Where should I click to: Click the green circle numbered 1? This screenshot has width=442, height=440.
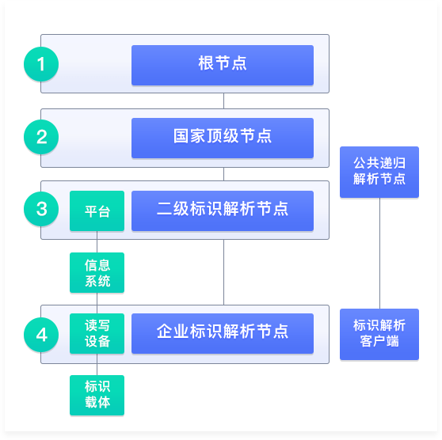tap(41, 64)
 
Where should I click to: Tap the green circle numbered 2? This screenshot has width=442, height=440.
tap(41, 137)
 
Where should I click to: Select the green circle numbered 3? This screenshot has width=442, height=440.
tap(41, 209)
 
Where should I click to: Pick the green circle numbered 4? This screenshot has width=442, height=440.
tap(41, 335)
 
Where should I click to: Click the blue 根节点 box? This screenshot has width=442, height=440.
tap(223, 65)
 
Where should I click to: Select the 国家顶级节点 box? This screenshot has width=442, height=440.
tap(223, 138)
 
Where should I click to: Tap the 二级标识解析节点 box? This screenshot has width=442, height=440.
tap(223, 211)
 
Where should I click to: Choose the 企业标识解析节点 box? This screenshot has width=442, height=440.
tap(223, 333)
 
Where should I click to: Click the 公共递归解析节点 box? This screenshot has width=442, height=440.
tap(379, 172)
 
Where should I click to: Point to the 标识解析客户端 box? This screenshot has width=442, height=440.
tap(379, 334)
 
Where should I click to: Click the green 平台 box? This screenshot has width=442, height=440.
tap(97, 211)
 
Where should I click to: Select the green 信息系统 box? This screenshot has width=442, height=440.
tap(97, 272)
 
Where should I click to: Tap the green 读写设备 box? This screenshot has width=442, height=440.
tap(97, 333)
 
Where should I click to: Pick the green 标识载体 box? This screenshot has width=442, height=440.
tap(97, 395)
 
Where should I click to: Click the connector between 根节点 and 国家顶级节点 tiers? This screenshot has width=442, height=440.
tap(224, 101)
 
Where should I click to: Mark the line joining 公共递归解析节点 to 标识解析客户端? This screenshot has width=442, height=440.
tap(379, 253)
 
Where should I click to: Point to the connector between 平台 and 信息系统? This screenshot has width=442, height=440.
tap(97, 241)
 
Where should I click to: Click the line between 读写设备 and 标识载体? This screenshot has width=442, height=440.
tap(97, 364)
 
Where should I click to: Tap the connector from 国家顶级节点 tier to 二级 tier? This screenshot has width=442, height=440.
tap(224, 174)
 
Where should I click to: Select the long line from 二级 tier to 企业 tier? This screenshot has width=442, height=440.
tap(224, 272)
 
